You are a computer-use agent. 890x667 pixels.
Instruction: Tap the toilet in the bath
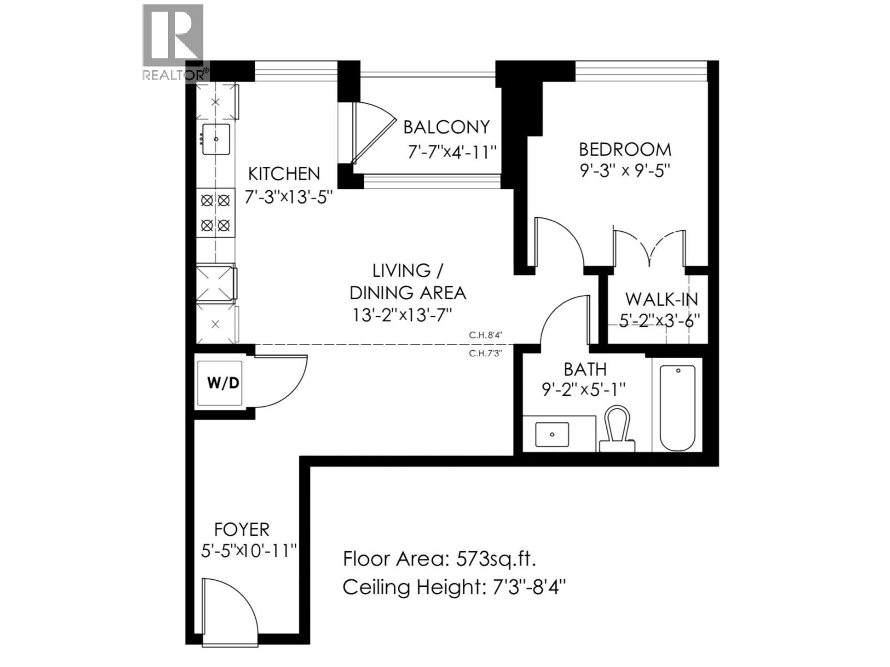(x=617, y=429)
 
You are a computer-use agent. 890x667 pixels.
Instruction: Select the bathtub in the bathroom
(x=677, y=407)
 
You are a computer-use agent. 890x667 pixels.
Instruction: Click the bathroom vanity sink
(x=552, y=435)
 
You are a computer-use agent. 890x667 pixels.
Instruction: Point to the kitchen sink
(x=216, y=139)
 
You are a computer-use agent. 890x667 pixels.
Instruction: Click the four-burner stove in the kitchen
(x=215, y=213)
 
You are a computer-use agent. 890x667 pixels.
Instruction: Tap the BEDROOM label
(x=625, y=149)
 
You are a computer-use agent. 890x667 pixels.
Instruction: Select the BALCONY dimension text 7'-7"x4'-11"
(x=451, y=152)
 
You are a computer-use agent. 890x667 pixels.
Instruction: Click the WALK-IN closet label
(x=661, y=299)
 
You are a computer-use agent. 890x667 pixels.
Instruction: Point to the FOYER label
(x=241, y=529)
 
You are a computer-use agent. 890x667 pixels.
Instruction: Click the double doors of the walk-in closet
(x=650, y=248)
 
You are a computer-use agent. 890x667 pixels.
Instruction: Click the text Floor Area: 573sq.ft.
(x=439, y=558)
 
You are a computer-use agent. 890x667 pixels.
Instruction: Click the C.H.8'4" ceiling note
(x=486, y=335)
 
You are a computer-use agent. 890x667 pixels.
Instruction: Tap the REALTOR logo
(x=174, y=42)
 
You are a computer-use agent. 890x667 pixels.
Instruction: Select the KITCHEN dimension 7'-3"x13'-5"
(x=289, y=197)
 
